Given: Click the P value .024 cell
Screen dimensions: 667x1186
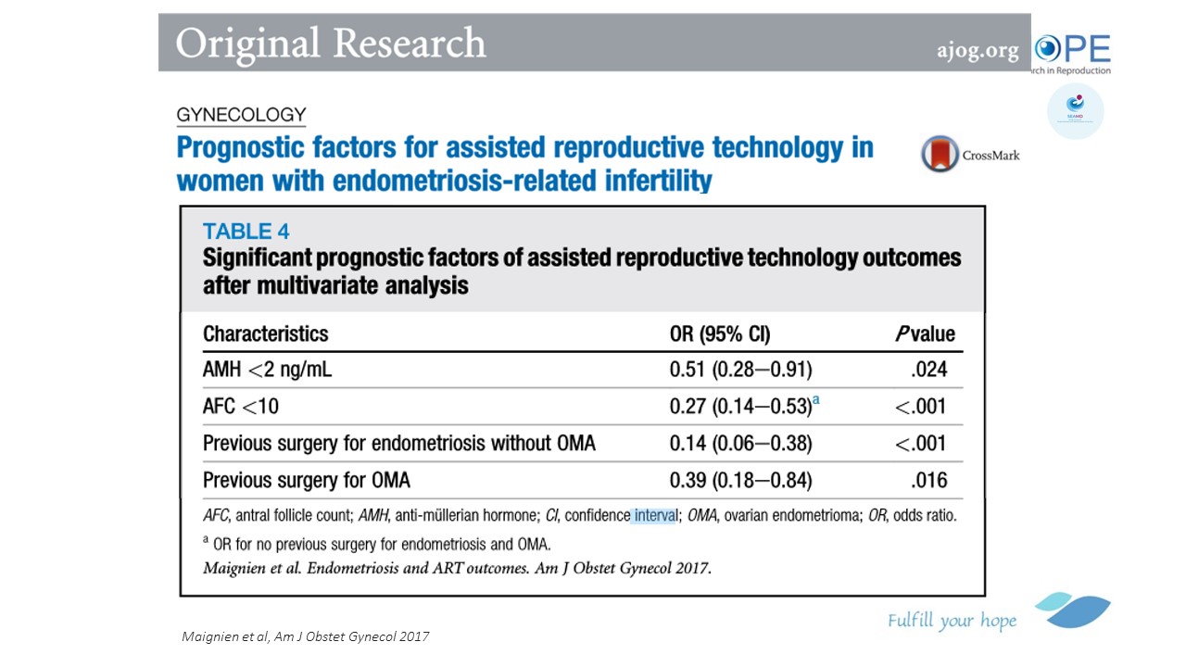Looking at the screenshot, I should tap(928, 371).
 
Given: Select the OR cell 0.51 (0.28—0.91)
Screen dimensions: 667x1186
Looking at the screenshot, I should tap(740, 371).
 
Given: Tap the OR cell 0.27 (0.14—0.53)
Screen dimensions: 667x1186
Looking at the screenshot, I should tap(740, 407).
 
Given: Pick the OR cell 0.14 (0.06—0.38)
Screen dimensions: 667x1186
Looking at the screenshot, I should tap(740, 444).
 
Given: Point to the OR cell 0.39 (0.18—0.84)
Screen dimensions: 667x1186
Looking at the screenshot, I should tap(740, 480).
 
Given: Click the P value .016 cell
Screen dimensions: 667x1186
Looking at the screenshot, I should tap(928, 480).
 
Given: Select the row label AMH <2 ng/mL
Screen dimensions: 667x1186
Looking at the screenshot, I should tap(267, 371).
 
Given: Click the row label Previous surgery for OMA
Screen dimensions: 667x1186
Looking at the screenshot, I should tap(306, 480).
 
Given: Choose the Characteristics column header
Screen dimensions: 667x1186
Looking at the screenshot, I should tap(265, 333).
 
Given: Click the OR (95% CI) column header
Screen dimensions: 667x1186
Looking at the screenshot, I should tap(720, 333).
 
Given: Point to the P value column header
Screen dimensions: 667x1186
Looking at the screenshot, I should tap(924, 333).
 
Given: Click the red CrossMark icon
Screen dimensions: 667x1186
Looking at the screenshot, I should tap(940, 154).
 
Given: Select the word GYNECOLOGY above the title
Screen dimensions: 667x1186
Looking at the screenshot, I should tap(241, 115).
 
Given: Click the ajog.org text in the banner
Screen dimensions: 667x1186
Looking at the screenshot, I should tap(978, 50).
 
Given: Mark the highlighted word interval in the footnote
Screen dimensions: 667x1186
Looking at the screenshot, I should tap(655, 515).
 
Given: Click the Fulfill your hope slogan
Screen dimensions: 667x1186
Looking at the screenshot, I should tap(952, 621).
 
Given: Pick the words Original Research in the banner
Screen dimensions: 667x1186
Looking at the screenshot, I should tap(331, 44).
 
